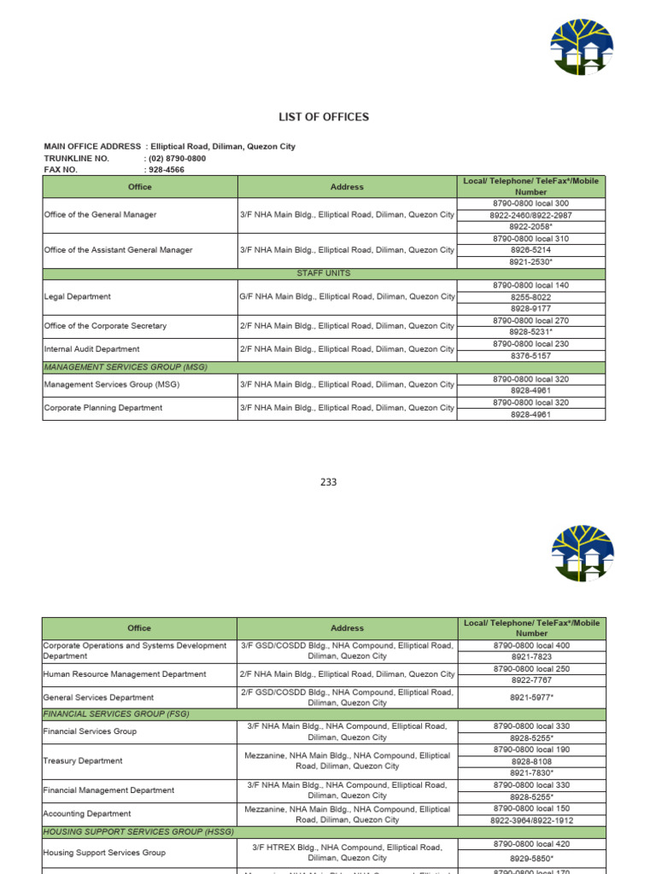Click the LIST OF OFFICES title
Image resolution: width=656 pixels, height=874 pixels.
pyautogui.click(x=324, y=117)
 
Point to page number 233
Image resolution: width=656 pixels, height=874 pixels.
pyautogui.click(x=329, y=482)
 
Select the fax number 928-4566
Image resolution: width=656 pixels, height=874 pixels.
pyautogui.click(x=167, y=170)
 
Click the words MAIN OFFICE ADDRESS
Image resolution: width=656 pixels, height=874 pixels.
pyautogui.click(x=92, y=147)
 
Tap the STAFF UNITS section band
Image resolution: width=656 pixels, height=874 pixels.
pyautogui.click(x=324, y=273)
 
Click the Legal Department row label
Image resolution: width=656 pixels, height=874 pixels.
pyautogui.click(x=77, y=297)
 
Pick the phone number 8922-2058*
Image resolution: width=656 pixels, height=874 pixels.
pyautogui.click(x=531, y=227)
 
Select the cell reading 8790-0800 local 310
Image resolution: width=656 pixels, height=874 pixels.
pyautogui.click(x=531, y=239)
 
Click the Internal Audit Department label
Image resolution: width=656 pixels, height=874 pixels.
pyautogui.click(x=91, y=349)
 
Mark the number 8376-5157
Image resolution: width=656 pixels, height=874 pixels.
pyautogui.click(x=531, y=355)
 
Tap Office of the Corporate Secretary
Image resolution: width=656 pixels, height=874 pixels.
pyautogui.click(x=105, y=326)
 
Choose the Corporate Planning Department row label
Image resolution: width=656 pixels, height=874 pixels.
pyautogui.click(x=102, y=408)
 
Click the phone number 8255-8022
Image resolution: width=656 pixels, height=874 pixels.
pyautogui.click(x=531, y=297)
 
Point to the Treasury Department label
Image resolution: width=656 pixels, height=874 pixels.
pyautogui.click(x=83, y=760)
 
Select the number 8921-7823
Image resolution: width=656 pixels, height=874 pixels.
pyautogui.click(x=531, y=657)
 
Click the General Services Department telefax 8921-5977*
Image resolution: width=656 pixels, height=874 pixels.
pyautogui.click(x=531, y=697)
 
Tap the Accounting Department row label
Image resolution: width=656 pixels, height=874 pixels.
pyautogui.click(x=87, y=814)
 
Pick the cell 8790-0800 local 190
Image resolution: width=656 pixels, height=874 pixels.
pyautogui.click(x=531, y=749)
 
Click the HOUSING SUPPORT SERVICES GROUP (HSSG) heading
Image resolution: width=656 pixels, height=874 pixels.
pyautogui.click(x=138, y=831)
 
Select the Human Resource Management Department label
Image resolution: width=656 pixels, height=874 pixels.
pyautogui.click(x=125, y=674)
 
